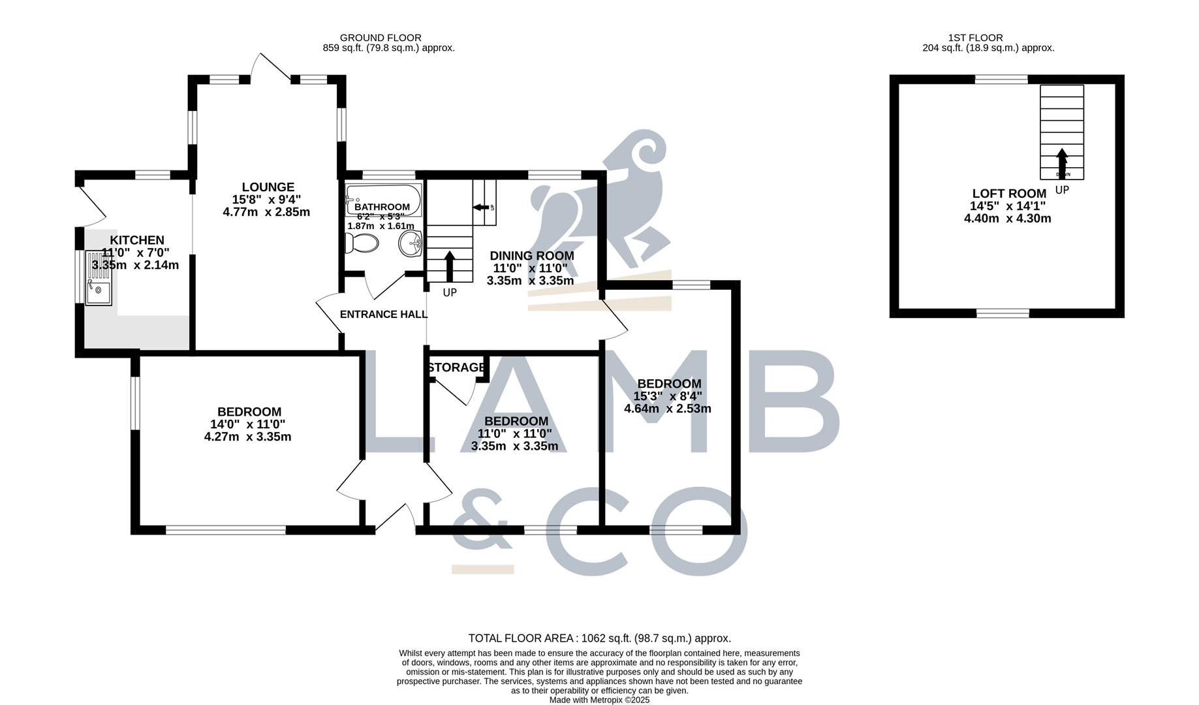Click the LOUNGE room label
click(x=268, y=187)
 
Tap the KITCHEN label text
click(x=137, y=240)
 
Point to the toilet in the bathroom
click(x=362, y=243)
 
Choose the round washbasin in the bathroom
click(x=411, y=245)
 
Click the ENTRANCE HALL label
click(x=384, y=315)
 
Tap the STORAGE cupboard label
click(x=457, y=368)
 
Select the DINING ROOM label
click(x=532, y=256)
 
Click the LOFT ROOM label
click(x=1009, y=194)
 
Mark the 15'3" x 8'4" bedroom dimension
click(x=668, y=396)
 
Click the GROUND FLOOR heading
click(x=381, y=38)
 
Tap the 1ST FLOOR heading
click(x=975, y=38)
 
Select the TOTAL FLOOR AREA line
click(x=599, y=638)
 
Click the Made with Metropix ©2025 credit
click(x=599, y=700)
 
